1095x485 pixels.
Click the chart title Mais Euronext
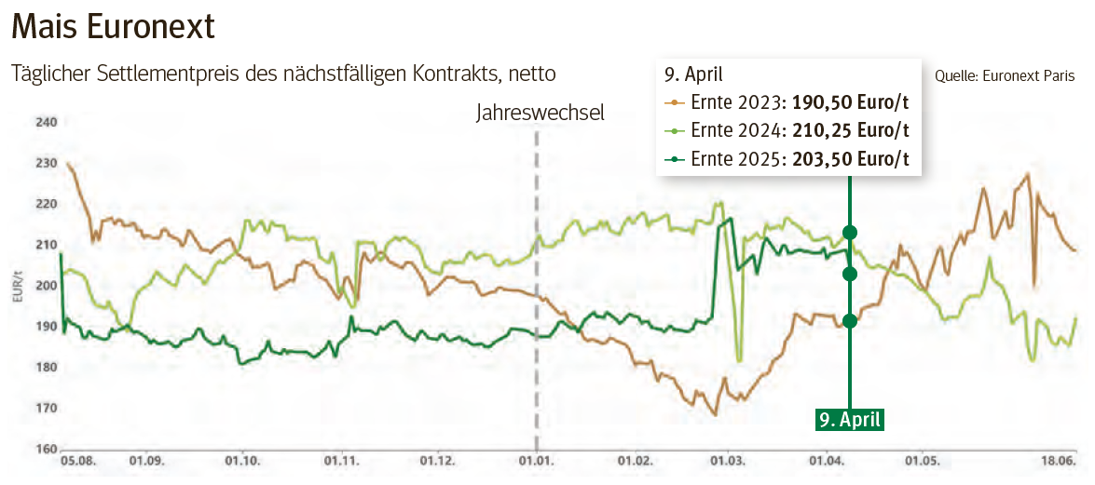(x=113, y=27)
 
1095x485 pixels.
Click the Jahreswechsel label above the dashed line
(x=540, y=113)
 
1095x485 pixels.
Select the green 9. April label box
(x=849, y=420)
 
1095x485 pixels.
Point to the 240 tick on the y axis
(x=47, y=122)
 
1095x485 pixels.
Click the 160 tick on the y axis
(x=47, y=449)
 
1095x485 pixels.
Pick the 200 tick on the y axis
(x=47, y=286)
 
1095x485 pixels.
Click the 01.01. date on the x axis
(x=536, y=460)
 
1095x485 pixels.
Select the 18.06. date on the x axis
(x=1058, y=460)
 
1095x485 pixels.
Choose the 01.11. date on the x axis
(x=342, y=460)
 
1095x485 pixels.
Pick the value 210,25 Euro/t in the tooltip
(x=850, y=130)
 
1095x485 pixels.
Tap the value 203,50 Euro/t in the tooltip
(x=850, y=159)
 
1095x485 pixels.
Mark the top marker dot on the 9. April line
(x=849, y=232)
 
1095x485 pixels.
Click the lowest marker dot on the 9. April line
(x=849, y=321)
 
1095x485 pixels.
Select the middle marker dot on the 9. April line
(x=849, y=274)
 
